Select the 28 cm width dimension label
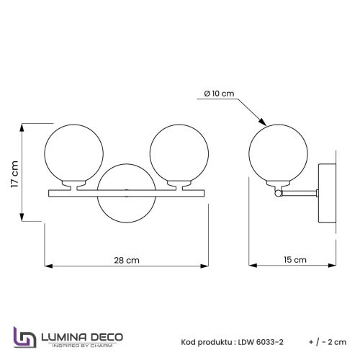[127, 261]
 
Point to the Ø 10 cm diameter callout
[218, 94]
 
